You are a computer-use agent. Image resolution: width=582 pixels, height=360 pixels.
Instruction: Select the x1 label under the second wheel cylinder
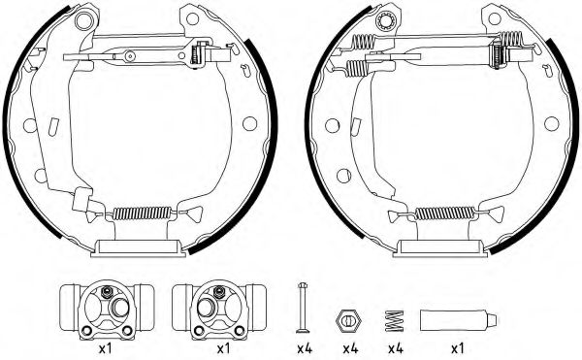coord(224,348)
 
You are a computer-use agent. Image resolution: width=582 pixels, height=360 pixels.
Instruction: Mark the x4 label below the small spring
coord(396,348)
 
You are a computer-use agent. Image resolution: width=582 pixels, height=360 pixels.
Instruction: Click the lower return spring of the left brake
coord(144,214)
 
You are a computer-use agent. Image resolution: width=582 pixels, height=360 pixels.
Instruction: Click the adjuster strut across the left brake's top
coord(155,55)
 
